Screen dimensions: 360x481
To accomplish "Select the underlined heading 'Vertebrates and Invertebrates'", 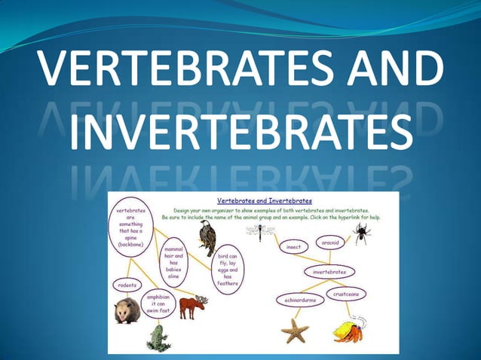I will tap(264, 201).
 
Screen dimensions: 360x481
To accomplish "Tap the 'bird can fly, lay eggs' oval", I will tap(228, 270).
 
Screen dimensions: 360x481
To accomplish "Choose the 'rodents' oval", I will tap(127, 285).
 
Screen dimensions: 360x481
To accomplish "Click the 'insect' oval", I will tap(293, 246).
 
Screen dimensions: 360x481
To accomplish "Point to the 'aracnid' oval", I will tap(329, 243).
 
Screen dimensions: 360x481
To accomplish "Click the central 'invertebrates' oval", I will tap(329, 271).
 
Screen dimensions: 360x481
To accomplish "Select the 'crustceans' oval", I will tap(346, 293).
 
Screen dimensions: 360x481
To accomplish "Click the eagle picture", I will tap(206, 236).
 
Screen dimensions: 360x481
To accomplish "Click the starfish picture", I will tap(294, 329).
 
